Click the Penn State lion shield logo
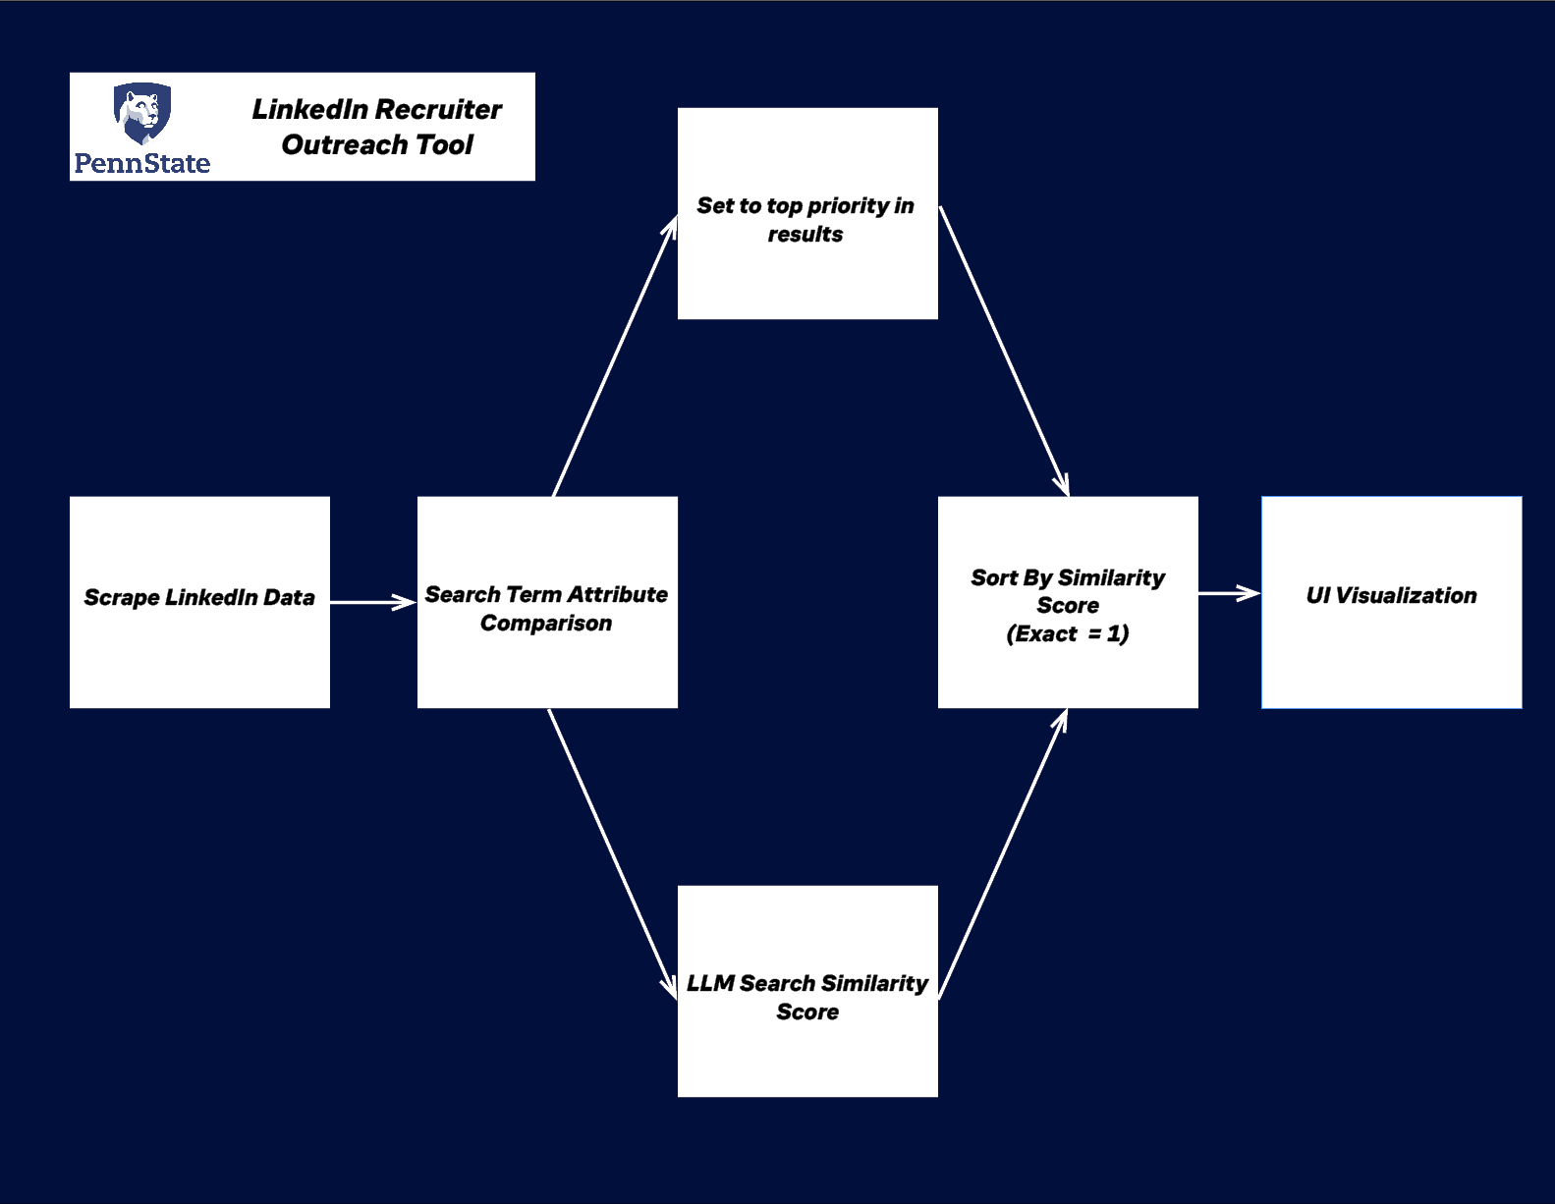142,113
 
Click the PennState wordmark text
142,163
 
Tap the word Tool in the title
444,144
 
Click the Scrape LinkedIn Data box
199,602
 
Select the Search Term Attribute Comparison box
547,602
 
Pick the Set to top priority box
807,213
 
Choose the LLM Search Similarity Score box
807,991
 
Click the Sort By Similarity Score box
1068,602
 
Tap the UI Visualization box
1391,602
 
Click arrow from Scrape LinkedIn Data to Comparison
373,602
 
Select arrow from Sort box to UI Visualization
1229,593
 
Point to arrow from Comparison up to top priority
615,357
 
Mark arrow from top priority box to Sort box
1004,351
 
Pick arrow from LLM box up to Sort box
1003,854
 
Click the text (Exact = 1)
1068,633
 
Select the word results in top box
805,234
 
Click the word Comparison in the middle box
546,623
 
